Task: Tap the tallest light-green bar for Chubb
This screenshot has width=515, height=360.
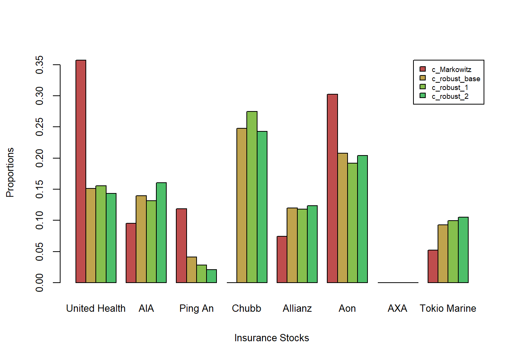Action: coord(252,197)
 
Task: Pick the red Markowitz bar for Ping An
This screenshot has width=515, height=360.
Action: coord(181,245)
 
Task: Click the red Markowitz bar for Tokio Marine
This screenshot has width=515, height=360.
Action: coord(433,266)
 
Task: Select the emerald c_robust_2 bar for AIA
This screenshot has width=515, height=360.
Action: coord(161,232)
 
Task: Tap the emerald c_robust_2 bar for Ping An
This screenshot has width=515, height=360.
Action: coord(212,276)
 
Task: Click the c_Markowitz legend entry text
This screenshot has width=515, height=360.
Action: coord(451,70)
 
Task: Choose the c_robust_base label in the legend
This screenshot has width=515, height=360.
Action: coord(456,79)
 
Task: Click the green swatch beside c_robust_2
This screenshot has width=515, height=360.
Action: coord(423,96)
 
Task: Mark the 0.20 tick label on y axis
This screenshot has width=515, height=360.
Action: coord(39,158)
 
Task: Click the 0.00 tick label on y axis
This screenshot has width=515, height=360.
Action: coord(39,283)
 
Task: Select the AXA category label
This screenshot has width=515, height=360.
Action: coord(397,308)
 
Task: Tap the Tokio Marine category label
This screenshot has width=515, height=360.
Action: coord(448,308)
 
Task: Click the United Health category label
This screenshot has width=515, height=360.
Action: coord(96,308)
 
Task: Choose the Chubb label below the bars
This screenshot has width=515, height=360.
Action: coord(246,308)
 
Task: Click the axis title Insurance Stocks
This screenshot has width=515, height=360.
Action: coord(272,338)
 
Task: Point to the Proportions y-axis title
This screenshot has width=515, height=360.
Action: coord(10,172)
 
